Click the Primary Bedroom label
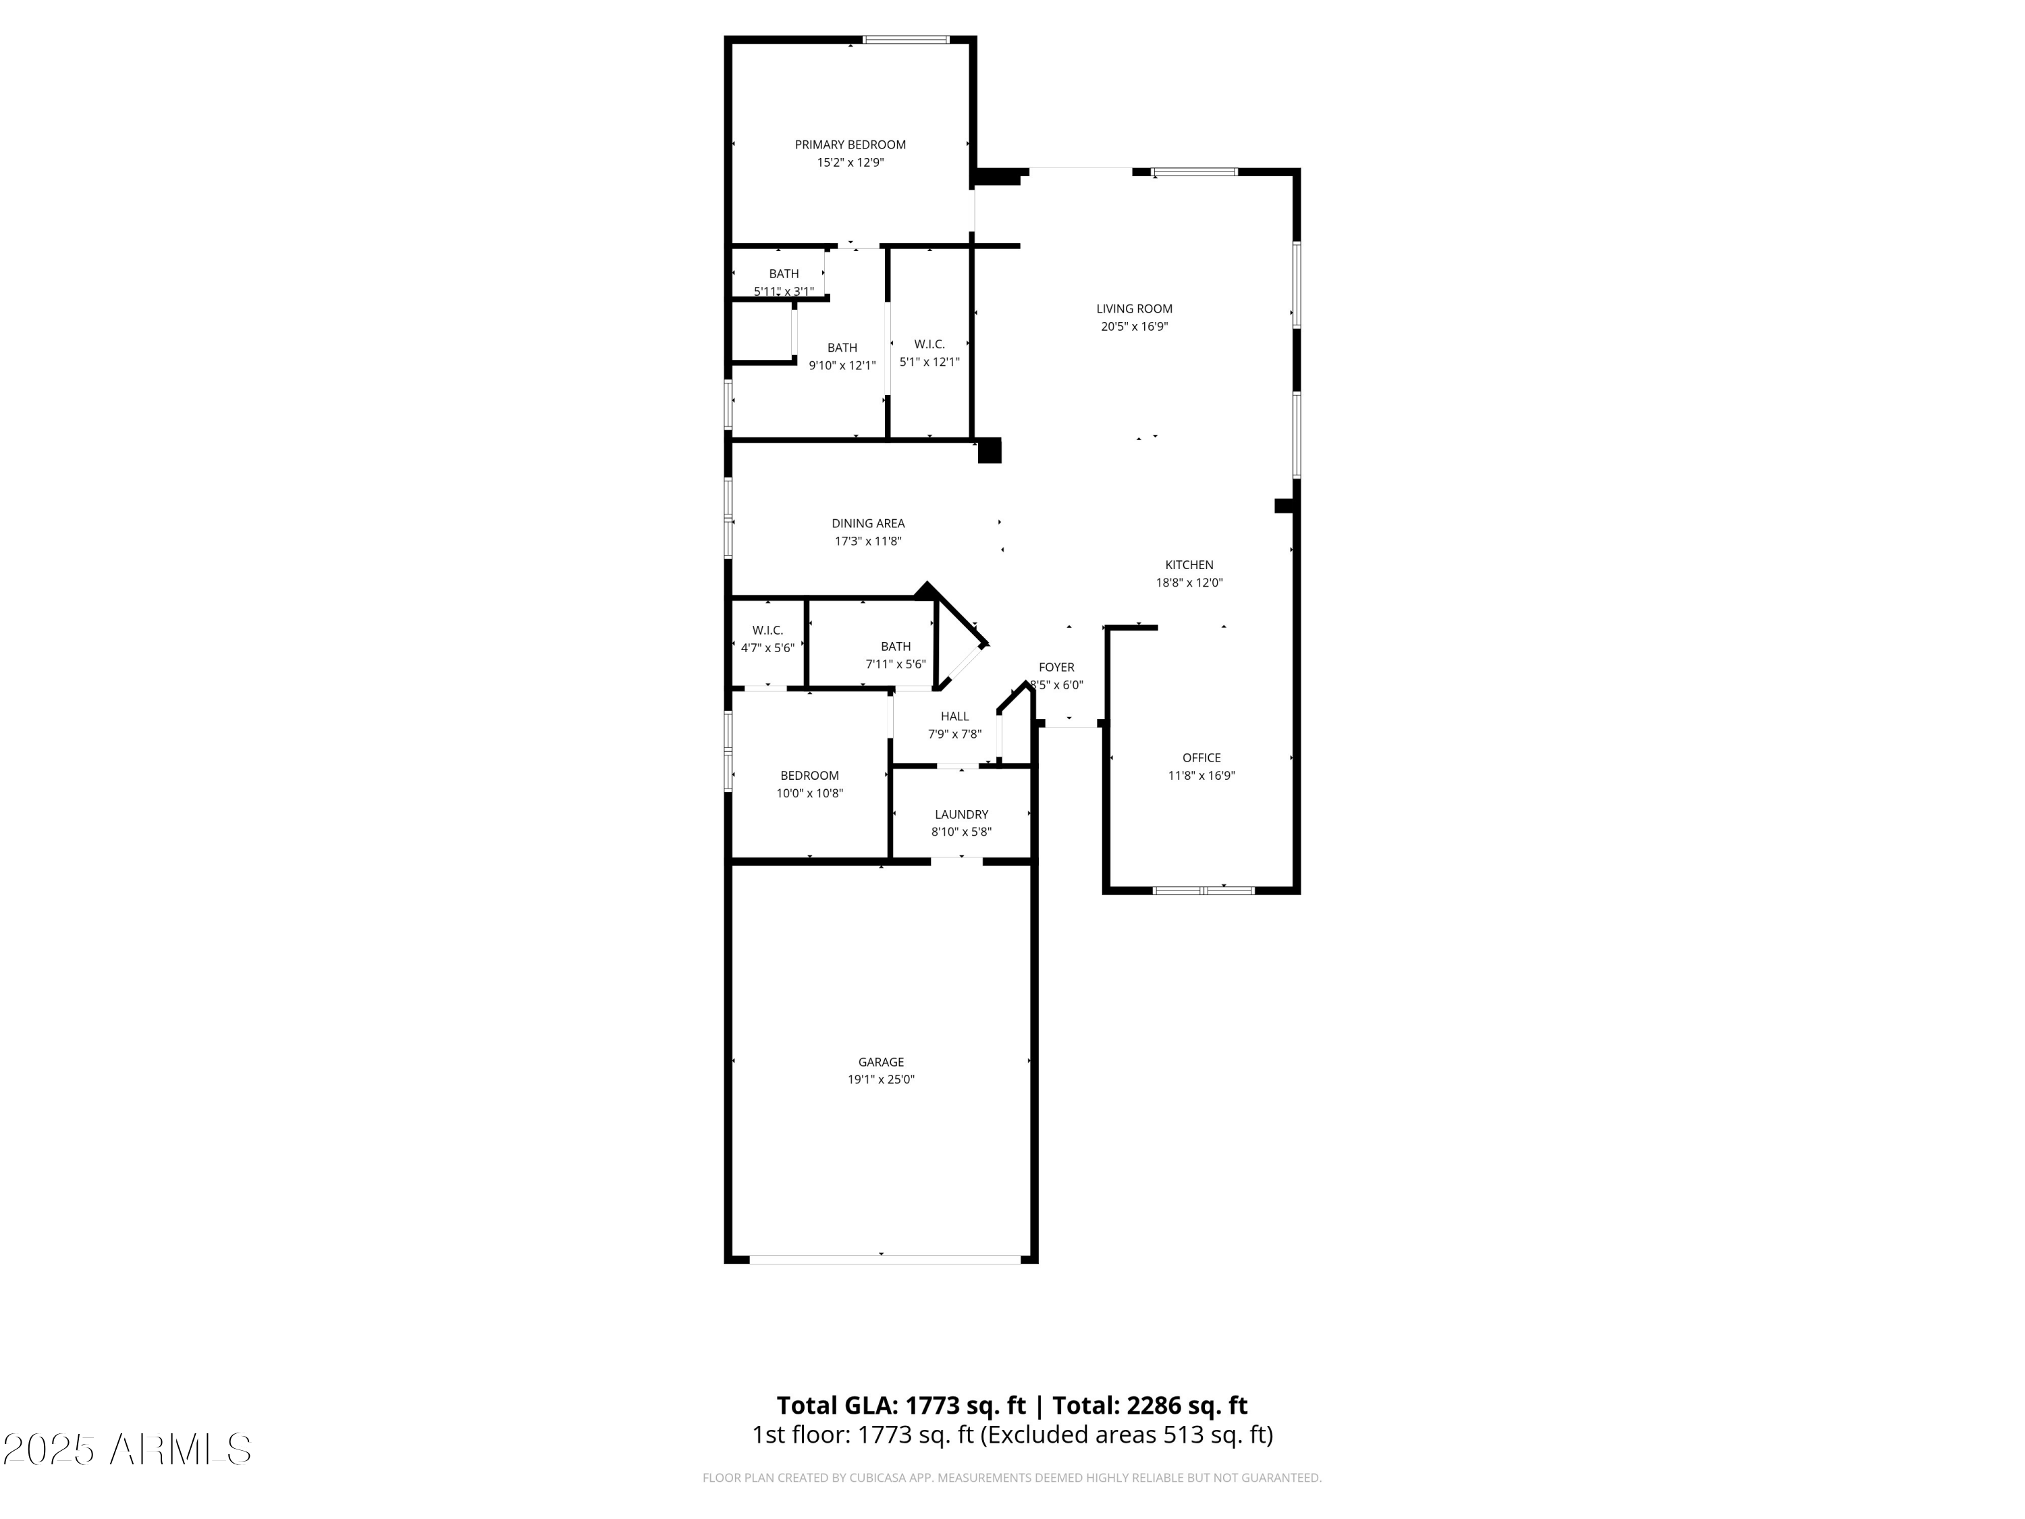pos(850,144)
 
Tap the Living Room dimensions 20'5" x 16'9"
pos(1134,327)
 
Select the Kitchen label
pos(1189,565)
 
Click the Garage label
pos(881,1062)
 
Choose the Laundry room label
pos(961,814)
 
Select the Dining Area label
pos(868,524)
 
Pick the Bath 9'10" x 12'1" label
pos(842,356)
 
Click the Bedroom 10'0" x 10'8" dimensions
pos(809,794)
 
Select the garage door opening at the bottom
pos(884,1259)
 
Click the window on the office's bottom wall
pos(1203,890)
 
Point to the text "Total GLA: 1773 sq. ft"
pos(901,1406)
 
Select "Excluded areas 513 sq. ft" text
pos(1127,1435)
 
